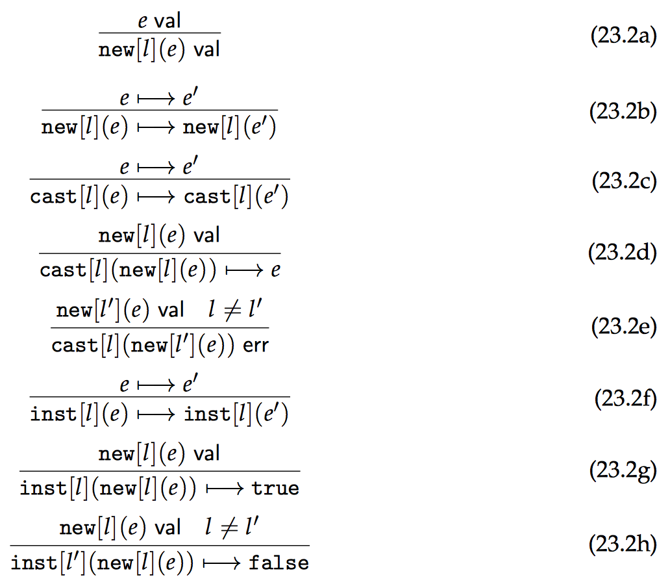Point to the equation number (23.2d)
623,253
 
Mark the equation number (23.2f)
625,398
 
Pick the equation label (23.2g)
623,472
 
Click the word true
276,488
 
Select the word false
279,563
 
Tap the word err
256,346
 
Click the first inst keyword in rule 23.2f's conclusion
53,414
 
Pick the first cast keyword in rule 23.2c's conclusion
53,197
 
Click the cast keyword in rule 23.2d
62,270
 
